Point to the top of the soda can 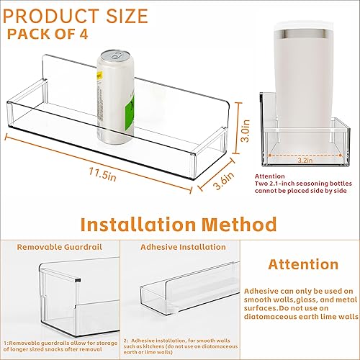point(110,55)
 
